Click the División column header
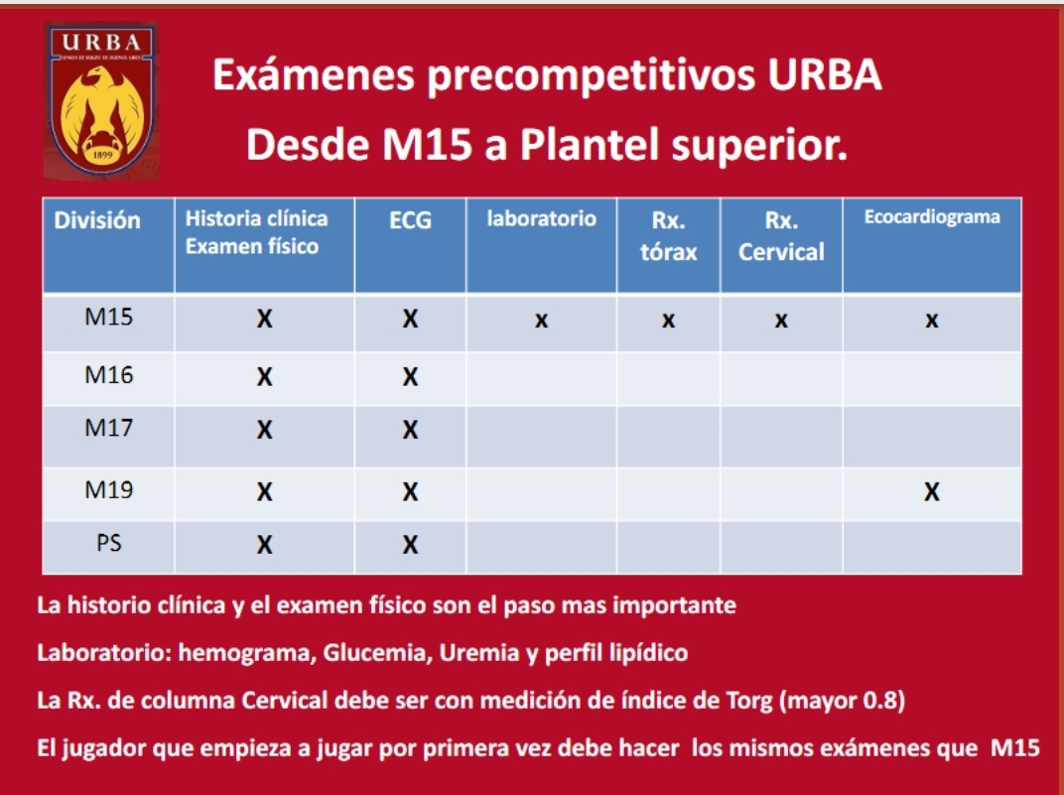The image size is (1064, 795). (97, 220)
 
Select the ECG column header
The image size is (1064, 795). (410, 220)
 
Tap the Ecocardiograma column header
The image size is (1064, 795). (932, 217)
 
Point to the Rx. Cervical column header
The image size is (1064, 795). (781, 236)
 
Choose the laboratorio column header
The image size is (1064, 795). (542, 218)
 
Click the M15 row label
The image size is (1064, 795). (108, 317)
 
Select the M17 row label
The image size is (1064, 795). (108, 428)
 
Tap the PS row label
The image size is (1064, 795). (108, 543)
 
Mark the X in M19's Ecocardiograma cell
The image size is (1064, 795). (932, 491)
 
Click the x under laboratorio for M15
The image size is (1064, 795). (541, 321)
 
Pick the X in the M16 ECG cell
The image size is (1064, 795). (410, 376)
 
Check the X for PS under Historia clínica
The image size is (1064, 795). (265, 545)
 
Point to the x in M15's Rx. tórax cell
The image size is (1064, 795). (668, 321)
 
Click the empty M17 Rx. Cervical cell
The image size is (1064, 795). (781, 436)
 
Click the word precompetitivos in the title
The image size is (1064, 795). (590, 75)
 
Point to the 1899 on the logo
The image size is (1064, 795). (102, 155)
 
